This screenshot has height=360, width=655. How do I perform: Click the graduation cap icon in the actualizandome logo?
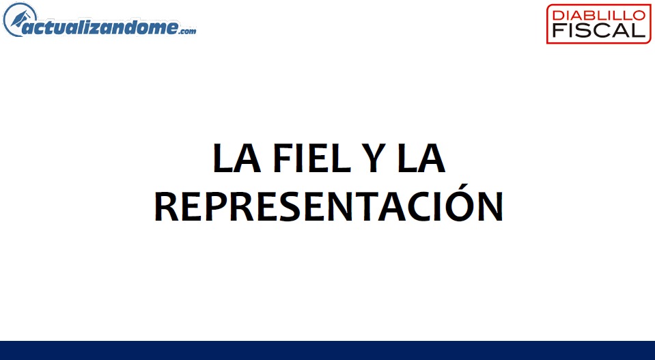(x=19, y=20)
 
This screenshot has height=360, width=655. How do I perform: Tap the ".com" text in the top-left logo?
(x=188, y=31)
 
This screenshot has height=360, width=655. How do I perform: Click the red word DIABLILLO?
(x=598, y=15)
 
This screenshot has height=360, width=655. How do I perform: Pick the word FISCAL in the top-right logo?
(x=598, y=30)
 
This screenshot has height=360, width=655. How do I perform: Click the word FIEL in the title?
(x=311, y=158)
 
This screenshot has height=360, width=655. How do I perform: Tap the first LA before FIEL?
(x=237, y=158)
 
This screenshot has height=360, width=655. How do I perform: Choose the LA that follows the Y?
(x=421, y=158)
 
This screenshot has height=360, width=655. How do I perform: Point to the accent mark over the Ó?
(x=462, y=186)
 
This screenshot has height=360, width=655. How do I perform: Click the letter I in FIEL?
(x=302, y=158)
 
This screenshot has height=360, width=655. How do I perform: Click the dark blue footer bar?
(x=328, y=350)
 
